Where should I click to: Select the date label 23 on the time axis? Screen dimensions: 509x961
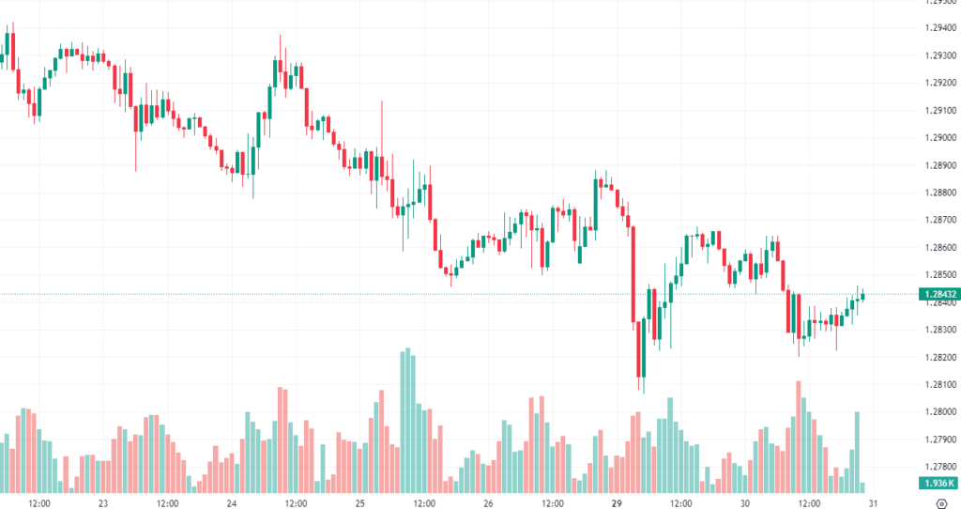pyautogui.click(x=103, y=502)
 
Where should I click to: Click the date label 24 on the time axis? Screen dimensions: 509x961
pyautogui.click(x=231, y=502)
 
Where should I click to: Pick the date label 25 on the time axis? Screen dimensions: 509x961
pyautogui.click(x=360, y=502)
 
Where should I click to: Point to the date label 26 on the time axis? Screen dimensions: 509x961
pyautogui.click(x=488, y=502)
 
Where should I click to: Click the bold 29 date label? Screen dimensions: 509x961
pyautogui.click(x=618, y=502)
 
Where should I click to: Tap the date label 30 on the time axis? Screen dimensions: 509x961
pyautogui.click(x=745, y=502)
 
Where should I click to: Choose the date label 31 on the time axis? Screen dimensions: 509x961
pyautogui.click(x=874, y=502)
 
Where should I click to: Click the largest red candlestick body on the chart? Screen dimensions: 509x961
pyautogui.click(x=634, y=273)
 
